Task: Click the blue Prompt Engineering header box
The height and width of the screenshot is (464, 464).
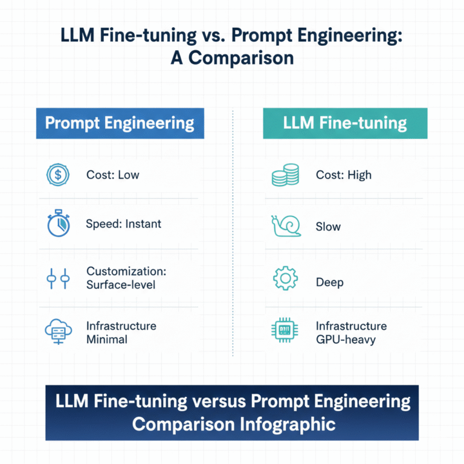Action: [120, 124]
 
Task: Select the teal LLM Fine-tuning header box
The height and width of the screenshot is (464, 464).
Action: [345, 124]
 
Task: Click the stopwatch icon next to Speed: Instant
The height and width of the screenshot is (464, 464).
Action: [59, 224]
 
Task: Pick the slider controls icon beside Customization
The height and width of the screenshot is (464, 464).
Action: [59, 279]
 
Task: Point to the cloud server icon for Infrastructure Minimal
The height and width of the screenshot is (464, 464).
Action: [59, 332]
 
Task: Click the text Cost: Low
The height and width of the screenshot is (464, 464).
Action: [113, 175]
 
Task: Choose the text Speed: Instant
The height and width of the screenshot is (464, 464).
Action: [124, 224]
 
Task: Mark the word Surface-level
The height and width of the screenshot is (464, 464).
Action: [121, 284]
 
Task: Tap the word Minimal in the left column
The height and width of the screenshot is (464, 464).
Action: [107, 339]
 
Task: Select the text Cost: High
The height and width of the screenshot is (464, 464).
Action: [344, 175]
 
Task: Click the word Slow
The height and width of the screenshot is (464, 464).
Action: [328, 227]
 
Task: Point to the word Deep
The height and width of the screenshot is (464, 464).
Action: [330, 282]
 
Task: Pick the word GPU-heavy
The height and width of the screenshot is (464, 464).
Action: [346, 339]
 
